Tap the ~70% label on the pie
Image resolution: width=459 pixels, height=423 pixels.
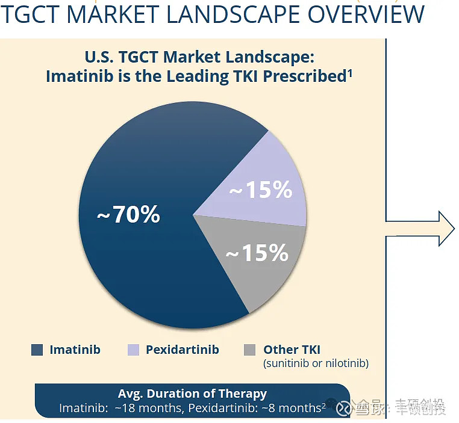[128, 214]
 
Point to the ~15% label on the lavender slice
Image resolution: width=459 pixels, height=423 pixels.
[261, 191]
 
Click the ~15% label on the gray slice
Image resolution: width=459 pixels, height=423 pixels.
[257, 253]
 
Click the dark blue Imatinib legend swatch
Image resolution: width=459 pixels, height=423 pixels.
[37, 350]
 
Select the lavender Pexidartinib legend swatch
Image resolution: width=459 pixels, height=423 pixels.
[133, 350]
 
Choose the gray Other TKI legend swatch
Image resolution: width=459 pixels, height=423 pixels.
[250, 350]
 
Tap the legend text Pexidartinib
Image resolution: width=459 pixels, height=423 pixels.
[182, 350]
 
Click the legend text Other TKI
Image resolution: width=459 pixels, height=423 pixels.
[292, 350]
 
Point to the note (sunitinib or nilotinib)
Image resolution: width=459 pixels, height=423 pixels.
[316, 363]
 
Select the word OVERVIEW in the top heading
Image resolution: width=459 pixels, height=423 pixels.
[366, 14]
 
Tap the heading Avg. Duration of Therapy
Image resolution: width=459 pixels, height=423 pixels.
[192, 394]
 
